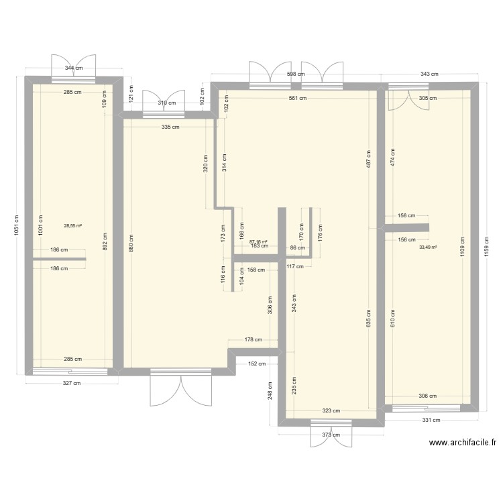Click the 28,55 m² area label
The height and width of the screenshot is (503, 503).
73,225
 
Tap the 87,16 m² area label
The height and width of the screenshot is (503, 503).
258,241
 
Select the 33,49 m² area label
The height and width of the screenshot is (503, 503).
429,247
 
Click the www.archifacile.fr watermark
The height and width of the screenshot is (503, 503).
463,443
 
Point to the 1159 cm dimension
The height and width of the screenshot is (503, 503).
487,247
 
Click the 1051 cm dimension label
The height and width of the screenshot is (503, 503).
16,225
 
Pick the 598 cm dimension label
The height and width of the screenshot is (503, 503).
296,74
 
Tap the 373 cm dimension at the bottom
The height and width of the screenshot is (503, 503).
331,435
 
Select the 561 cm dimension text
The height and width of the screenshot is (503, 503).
298,98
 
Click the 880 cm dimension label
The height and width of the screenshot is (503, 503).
131,243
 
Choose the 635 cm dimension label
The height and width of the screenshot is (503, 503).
369,318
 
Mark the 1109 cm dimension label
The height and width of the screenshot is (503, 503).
462,247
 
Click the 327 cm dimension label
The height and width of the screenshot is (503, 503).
72,383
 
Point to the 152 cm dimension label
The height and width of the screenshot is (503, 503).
257,364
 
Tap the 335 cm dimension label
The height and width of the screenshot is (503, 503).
170,127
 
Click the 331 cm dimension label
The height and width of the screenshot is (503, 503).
431,420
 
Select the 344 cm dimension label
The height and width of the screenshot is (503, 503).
74,68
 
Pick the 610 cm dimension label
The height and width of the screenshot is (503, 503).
393,318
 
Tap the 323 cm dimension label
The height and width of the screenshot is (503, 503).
331,410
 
